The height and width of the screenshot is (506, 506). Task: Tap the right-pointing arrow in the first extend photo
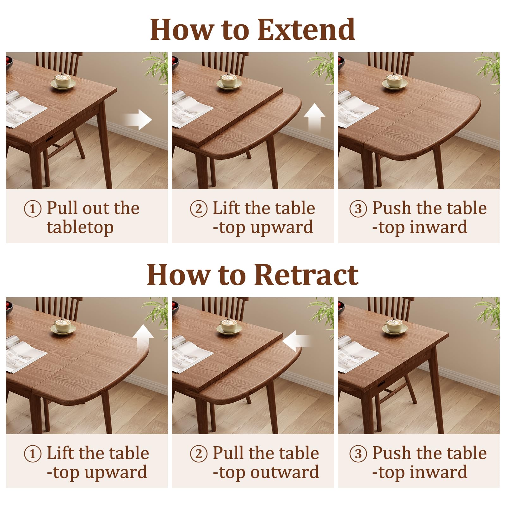[x=138, y=120]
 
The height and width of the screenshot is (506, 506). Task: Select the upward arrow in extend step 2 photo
[x=314, y=118]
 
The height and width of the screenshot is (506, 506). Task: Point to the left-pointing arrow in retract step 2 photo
[x=297, y=341]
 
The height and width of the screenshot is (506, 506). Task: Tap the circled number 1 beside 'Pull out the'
[x=33, y=209]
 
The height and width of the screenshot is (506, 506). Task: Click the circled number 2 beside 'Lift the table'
[x=199, y=209]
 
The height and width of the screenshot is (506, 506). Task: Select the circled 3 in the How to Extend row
[x=358, y=209]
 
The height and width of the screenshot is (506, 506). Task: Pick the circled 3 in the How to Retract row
[x=358, y=454]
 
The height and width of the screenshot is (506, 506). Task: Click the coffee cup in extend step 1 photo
[x=63, y=81]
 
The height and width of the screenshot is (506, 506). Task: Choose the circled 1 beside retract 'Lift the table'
[x=33, y=454]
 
